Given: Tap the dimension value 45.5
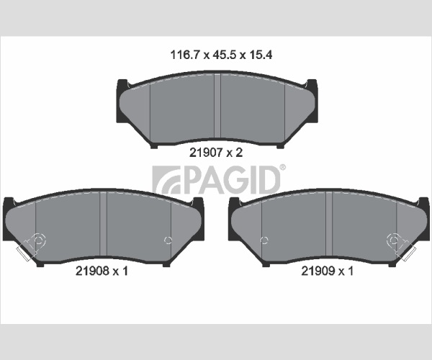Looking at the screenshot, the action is coord(225,55).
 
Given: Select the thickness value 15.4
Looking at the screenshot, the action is coord(261,55).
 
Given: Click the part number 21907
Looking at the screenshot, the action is coord(206,153).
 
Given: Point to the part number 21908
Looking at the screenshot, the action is coord(92,271).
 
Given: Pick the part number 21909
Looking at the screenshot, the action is coord(318,271).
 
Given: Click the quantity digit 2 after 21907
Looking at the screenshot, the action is coord(239,153).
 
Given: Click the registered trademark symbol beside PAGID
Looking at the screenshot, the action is coord(283,167).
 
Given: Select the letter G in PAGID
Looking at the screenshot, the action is coord(237,181).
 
